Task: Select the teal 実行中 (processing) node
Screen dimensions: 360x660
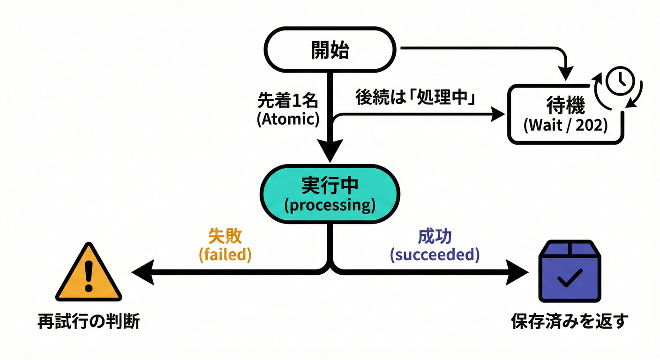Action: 330,193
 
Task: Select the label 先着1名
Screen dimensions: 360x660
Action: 288,100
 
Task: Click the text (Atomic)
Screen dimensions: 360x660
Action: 288,119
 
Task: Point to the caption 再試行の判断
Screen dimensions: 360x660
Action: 89,322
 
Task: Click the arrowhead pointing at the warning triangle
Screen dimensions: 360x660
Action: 142,272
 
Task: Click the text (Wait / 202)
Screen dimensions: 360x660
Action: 565,126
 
